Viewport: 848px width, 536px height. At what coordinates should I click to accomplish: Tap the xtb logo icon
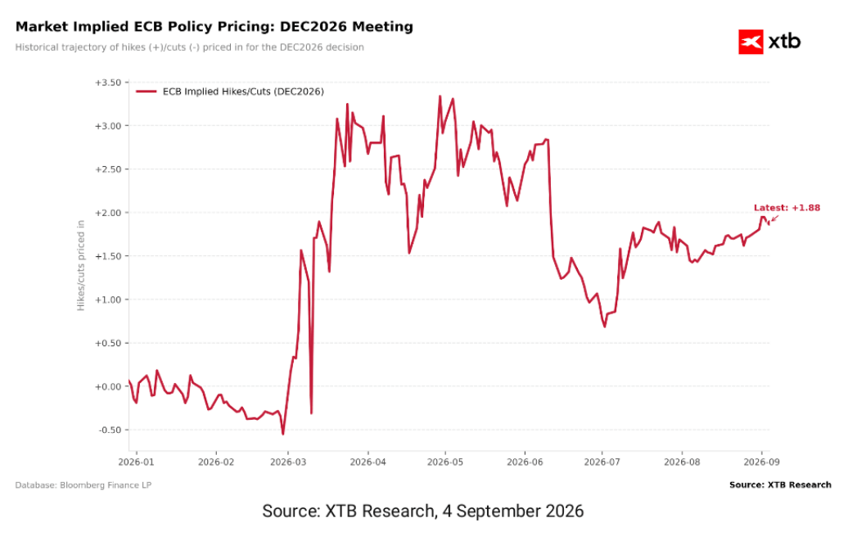pyautogui.click(x=751, y=42)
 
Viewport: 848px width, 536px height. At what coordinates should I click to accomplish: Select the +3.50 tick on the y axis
pyautogui.click(x=108, y=83)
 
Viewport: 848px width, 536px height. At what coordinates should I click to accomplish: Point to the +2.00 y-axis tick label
pyautogui.click(x=108, y=213)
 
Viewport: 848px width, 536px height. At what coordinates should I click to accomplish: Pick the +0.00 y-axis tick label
pyautogui.click(x=108, y=387)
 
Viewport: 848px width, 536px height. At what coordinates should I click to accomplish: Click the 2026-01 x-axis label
pyautogui.click(x=136, y=462)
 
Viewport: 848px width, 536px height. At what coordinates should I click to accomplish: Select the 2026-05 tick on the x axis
pyautogui.click(x=445, y=462)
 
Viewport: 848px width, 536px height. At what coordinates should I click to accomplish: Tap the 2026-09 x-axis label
pyautogui.click(x=761, y=462)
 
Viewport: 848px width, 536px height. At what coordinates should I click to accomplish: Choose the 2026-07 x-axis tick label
pyautogui.click(x=602, y=462)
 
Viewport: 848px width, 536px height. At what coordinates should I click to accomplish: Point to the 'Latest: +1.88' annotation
pyautogui.click(x=787, y=208)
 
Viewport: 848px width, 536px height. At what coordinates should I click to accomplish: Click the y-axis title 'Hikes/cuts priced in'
pyautogui.click(x=81, y=266)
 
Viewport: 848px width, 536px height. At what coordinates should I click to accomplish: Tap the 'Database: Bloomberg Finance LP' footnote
pyautogui.click(x=83, y=485)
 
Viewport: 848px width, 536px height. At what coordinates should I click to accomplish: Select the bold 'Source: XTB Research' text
pyautogui.click(x=780, y=484)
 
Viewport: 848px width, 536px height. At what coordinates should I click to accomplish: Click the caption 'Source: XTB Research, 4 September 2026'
pyautogui.click(x=423, y=511)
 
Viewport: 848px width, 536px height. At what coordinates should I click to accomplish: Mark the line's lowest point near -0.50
pyautogui.click(x=283, y=434)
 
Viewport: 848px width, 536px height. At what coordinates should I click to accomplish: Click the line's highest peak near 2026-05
pyautogui.click(x=440, y=97)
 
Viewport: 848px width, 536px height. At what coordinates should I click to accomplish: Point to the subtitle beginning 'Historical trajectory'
pyautogui.click(x=189, y=47)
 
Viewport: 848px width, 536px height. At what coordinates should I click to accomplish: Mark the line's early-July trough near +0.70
pyautogui.click(x=605, y=327)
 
